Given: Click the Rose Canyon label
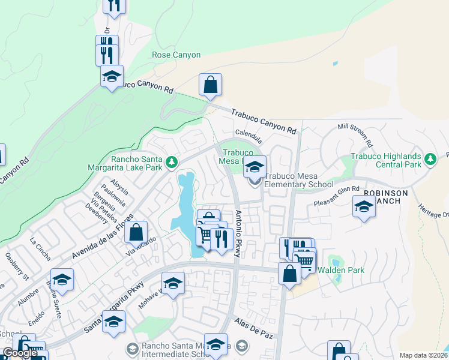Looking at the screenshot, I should click(176, 55).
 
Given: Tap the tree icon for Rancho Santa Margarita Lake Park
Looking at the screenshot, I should click(172, 162).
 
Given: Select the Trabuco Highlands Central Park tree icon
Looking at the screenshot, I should click(430, 159).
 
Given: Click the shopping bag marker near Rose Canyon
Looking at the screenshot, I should click(211, 86).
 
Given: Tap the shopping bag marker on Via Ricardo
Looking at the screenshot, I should click(136, 232).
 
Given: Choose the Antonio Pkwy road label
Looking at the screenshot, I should click(238, 234).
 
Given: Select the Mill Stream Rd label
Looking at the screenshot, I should click(354, 136).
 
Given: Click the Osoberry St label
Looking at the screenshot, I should click(17, 266).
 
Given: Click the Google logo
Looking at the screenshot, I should click(20, 353).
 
